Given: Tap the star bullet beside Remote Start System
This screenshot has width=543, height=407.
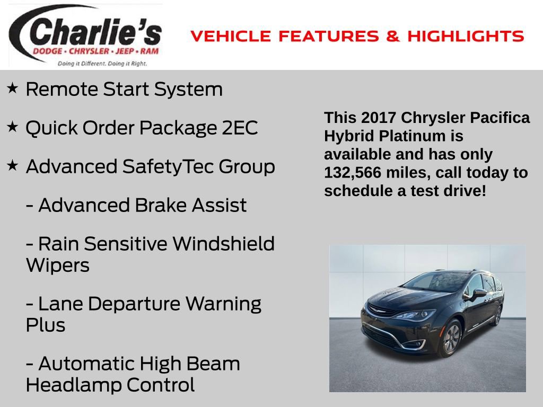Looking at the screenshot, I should tap(13, 88).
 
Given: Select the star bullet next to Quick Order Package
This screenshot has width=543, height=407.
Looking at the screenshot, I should tap(13, 127).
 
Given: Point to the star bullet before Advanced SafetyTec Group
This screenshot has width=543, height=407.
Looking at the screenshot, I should tap(13, 165).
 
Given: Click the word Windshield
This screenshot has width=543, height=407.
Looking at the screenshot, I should tap(224, 244).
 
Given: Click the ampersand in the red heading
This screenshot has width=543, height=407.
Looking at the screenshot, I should tap(393, 37).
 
